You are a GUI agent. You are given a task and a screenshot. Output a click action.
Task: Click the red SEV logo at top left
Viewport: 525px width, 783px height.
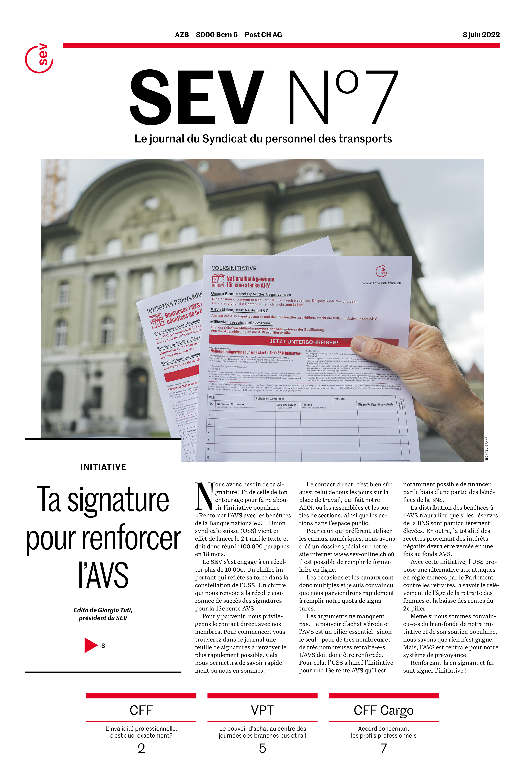tap(39, 58)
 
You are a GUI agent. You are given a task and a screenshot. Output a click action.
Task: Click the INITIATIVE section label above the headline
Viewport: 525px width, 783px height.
tap(103, 467)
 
